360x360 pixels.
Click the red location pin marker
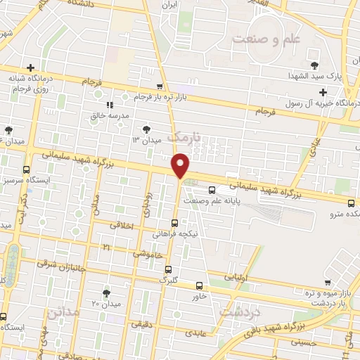coord(181,166)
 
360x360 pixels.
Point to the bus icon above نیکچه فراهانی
coord(175,223)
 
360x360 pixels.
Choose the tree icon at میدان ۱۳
coord(146,129)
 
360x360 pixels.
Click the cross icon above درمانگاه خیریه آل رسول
coord(323,92)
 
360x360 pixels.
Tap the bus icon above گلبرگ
coord(168,269)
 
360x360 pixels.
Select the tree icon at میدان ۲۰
coord(106,292)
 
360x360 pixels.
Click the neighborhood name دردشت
coord(240,310)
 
